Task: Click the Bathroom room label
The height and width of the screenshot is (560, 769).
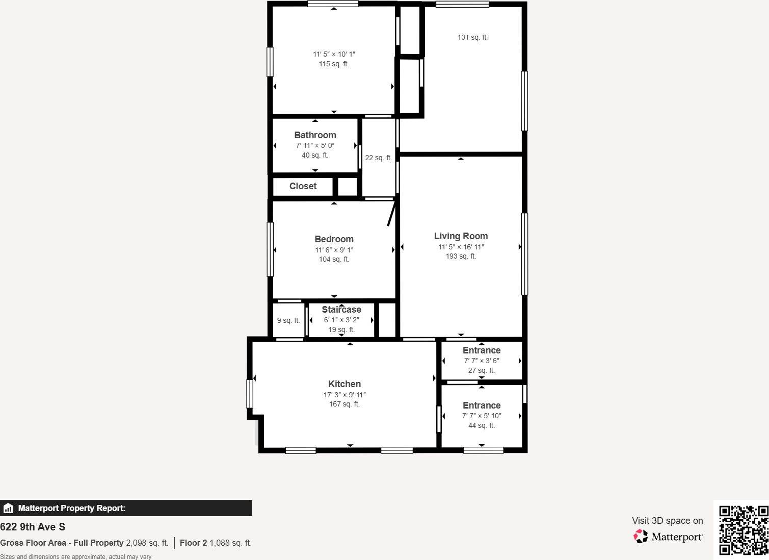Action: (x=315, y=135)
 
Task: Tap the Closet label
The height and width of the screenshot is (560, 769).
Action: (x=303, y=186)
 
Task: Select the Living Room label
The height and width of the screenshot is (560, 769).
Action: (x=461, y=236)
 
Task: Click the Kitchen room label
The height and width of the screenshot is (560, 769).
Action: (x=344, y=384)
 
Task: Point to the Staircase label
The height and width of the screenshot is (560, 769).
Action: (x=341, y=310)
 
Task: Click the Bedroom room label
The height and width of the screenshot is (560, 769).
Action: (x=334, y=239)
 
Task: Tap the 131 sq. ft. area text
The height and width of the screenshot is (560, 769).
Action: (x=472, y=37)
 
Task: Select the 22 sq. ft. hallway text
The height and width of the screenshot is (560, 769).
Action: (x=378, y=158)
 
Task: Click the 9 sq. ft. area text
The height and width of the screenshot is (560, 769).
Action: (x=288, y=321)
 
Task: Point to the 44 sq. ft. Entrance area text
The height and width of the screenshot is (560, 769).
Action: (x=481, y=425)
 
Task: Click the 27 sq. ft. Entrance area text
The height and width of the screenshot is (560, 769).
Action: (x=481, y=370)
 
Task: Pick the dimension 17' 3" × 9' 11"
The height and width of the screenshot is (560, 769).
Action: (x=344, y=395)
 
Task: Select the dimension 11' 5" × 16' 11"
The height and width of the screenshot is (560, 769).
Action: (x=461, y=247)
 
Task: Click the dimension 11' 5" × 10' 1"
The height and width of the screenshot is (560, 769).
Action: (x=334, y=54)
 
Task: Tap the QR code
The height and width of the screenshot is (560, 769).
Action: (x=743, y=530)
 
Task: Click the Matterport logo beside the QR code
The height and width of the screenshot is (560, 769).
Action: (x=668, y=537)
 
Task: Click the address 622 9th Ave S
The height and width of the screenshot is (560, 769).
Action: (x=33, y=527)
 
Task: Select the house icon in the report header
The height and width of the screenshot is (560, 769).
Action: (x=8, y=508)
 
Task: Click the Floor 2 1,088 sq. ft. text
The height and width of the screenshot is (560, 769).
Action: (x=216, y=543)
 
